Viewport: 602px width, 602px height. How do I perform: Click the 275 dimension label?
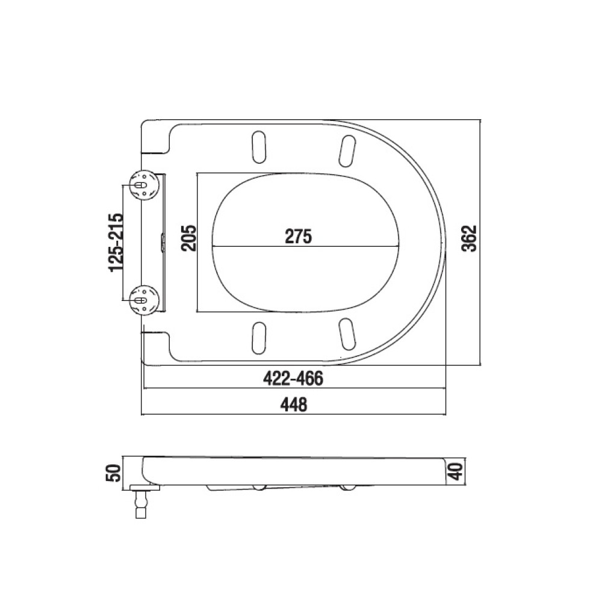[299, 236]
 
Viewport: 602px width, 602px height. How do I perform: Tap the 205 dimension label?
[188, 238]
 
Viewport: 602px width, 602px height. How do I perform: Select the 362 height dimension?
[469, 238]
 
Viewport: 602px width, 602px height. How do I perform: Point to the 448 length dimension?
[294, 405]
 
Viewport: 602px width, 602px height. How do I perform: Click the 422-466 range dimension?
[293, 379]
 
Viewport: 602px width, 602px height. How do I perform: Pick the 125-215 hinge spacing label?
[116, 242]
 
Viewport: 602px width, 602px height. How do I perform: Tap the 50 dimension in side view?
[113, 473]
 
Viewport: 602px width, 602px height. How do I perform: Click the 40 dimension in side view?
[456, 471]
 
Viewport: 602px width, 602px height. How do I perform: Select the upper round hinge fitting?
[144, 185]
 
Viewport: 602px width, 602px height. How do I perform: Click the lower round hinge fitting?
[144, 299]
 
